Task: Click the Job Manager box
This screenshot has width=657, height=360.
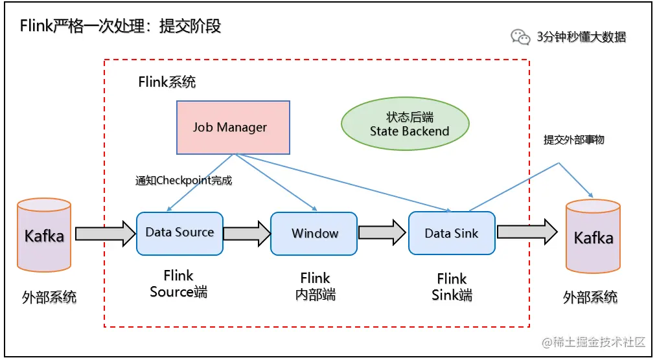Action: click(x=233, y=128)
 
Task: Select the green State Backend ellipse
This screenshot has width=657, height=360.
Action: click(x=405, y=124)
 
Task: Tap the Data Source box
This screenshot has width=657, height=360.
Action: click(x=179, y=234)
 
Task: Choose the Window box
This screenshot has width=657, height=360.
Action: click(x=314, y=234)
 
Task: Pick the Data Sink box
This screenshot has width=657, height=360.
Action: click(x=452, y=233)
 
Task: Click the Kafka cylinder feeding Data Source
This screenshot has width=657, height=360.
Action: click(x=44, y=235)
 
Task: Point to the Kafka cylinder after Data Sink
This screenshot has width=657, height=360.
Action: click(x=593, y=236)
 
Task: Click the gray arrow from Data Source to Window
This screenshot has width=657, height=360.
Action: click(x=247, y=233)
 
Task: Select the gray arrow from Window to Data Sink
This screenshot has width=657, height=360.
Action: click(x=382, y=232)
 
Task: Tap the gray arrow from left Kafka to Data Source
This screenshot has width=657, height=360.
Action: click(x=106, y=234)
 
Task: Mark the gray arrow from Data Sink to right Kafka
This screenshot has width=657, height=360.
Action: click(x=527, y=232)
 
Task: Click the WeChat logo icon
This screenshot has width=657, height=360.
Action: click(x=520, y=37)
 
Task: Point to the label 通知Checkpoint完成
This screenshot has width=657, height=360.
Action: click(x=183, y=181)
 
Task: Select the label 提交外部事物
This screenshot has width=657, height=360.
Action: click(x=573, y=139)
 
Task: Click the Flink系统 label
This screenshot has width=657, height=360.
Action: click(x=167, y=82)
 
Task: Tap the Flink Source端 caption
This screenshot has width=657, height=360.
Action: click(x=178, y=284)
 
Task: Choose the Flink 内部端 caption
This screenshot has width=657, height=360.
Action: click(x=315, y=286)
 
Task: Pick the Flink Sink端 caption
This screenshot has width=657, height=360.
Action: click(x=452, y=287)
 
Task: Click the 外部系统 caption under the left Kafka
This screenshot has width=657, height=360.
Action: click(x=49, y=297)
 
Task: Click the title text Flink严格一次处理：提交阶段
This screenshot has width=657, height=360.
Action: click(x=121, y=26)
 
